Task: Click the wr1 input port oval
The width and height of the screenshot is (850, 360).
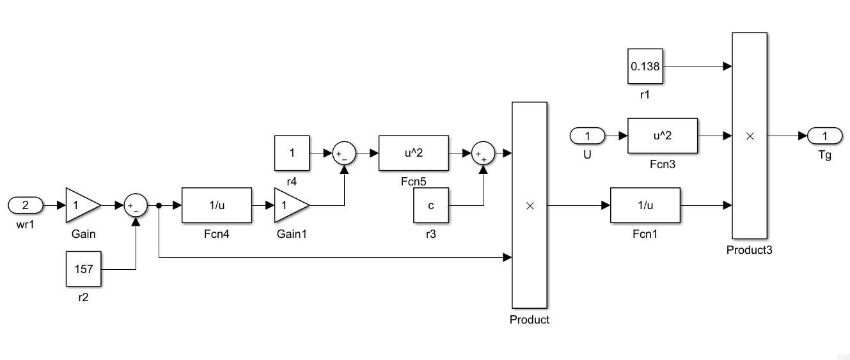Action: (26, 205)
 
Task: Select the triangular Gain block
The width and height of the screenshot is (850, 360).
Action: (81, 205)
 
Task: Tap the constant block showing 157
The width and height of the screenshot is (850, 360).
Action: (84, 269)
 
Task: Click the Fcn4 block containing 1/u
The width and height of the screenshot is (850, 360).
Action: (217, 205)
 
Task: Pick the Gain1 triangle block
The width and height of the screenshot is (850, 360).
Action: (290, 205)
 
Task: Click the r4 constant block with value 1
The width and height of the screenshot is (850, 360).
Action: (292, 153)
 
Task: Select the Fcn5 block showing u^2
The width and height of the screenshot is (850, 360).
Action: (413, 153)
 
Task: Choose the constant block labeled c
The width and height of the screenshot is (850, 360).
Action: (431, 206)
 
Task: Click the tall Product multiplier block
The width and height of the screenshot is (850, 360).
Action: (530, 205)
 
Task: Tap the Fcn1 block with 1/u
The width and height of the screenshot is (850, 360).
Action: (645, 205)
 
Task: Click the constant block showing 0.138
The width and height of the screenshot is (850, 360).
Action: (645, 66)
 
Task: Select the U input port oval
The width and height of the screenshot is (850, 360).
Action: (587, 136)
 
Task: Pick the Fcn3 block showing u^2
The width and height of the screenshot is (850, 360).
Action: (662, 136)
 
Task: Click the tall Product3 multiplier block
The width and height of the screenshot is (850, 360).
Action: (750, 136)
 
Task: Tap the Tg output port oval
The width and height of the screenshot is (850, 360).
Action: (824, 136)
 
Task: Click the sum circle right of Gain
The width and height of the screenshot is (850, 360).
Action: (136, 205)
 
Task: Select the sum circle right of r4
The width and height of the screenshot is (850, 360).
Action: (344, 153)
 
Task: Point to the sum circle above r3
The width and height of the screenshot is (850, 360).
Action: (484, 153)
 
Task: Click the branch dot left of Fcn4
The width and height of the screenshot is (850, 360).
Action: (159, 205)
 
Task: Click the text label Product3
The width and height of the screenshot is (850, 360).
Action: (749, 250)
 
